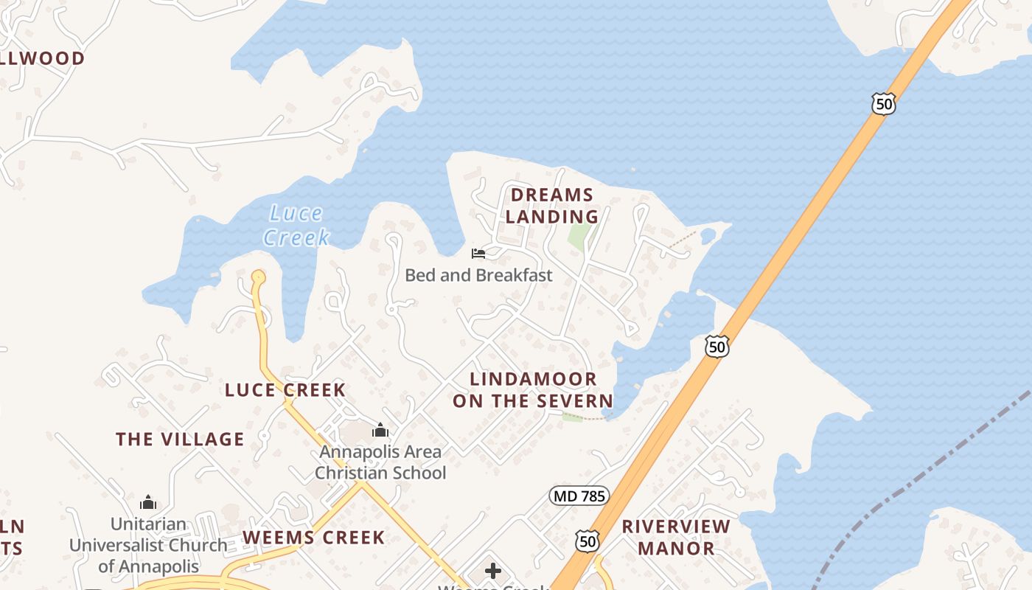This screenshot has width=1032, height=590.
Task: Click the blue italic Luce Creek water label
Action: [296, 226]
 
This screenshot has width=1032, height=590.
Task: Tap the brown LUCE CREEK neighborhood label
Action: [285, 390]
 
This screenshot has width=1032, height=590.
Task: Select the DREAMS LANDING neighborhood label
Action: [552, 206]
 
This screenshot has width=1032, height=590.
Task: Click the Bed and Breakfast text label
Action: [478, 276]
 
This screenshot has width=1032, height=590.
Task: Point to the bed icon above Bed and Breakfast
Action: [478, 254]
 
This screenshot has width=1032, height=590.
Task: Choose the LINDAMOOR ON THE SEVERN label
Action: [533, 390]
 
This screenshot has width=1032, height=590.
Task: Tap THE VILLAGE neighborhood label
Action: [180, 440]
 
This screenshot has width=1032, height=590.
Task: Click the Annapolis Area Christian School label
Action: [380, 462]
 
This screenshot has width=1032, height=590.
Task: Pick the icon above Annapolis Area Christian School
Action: [380, 430]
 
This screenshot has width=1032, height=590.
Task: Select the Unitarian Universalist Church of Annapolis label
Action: [148, 546]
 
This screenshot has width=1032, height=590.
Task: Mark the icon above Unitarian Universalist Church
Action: [148, 503]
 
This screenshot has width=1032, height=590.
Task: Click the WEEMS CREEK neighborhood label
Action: [314, 538]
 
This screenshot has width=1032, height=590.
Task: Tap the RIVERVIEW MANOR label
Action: [676, 538]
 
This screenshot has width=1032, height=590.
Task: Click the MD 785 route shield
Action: [579, 496]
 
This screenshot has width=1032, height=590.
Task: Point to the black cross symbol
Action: [493, 571]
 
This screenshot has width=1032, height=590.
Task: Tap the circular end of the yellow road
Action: [258, 278]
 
